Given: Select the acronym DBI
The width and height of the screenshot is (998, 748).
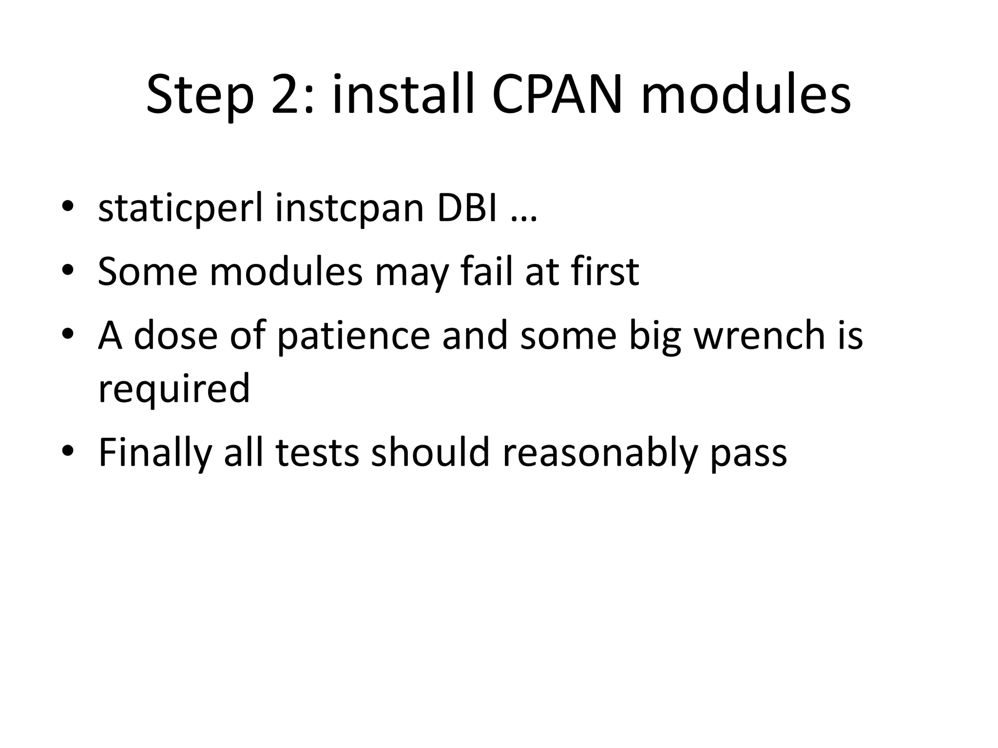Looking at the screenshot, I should [x=467, y=207].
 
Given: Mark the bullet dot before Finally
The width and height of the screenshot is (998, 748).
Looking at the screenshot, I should [x=68, y=451].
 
